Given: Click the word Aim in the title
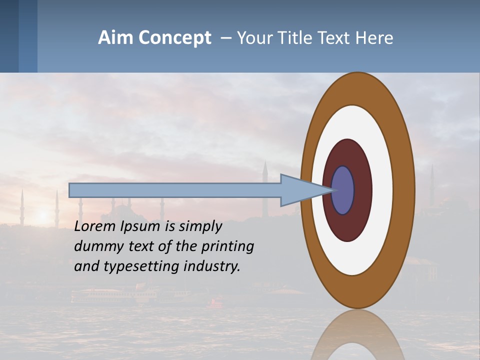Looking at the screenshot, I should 115,38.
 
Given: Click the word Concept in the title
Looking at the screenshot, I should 174,38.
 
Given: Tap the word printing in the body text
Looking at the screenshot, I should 227,247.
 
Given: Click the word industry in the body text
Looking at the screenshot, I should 212,266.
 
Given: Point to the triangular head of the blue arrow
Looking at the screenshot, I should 300,190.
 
